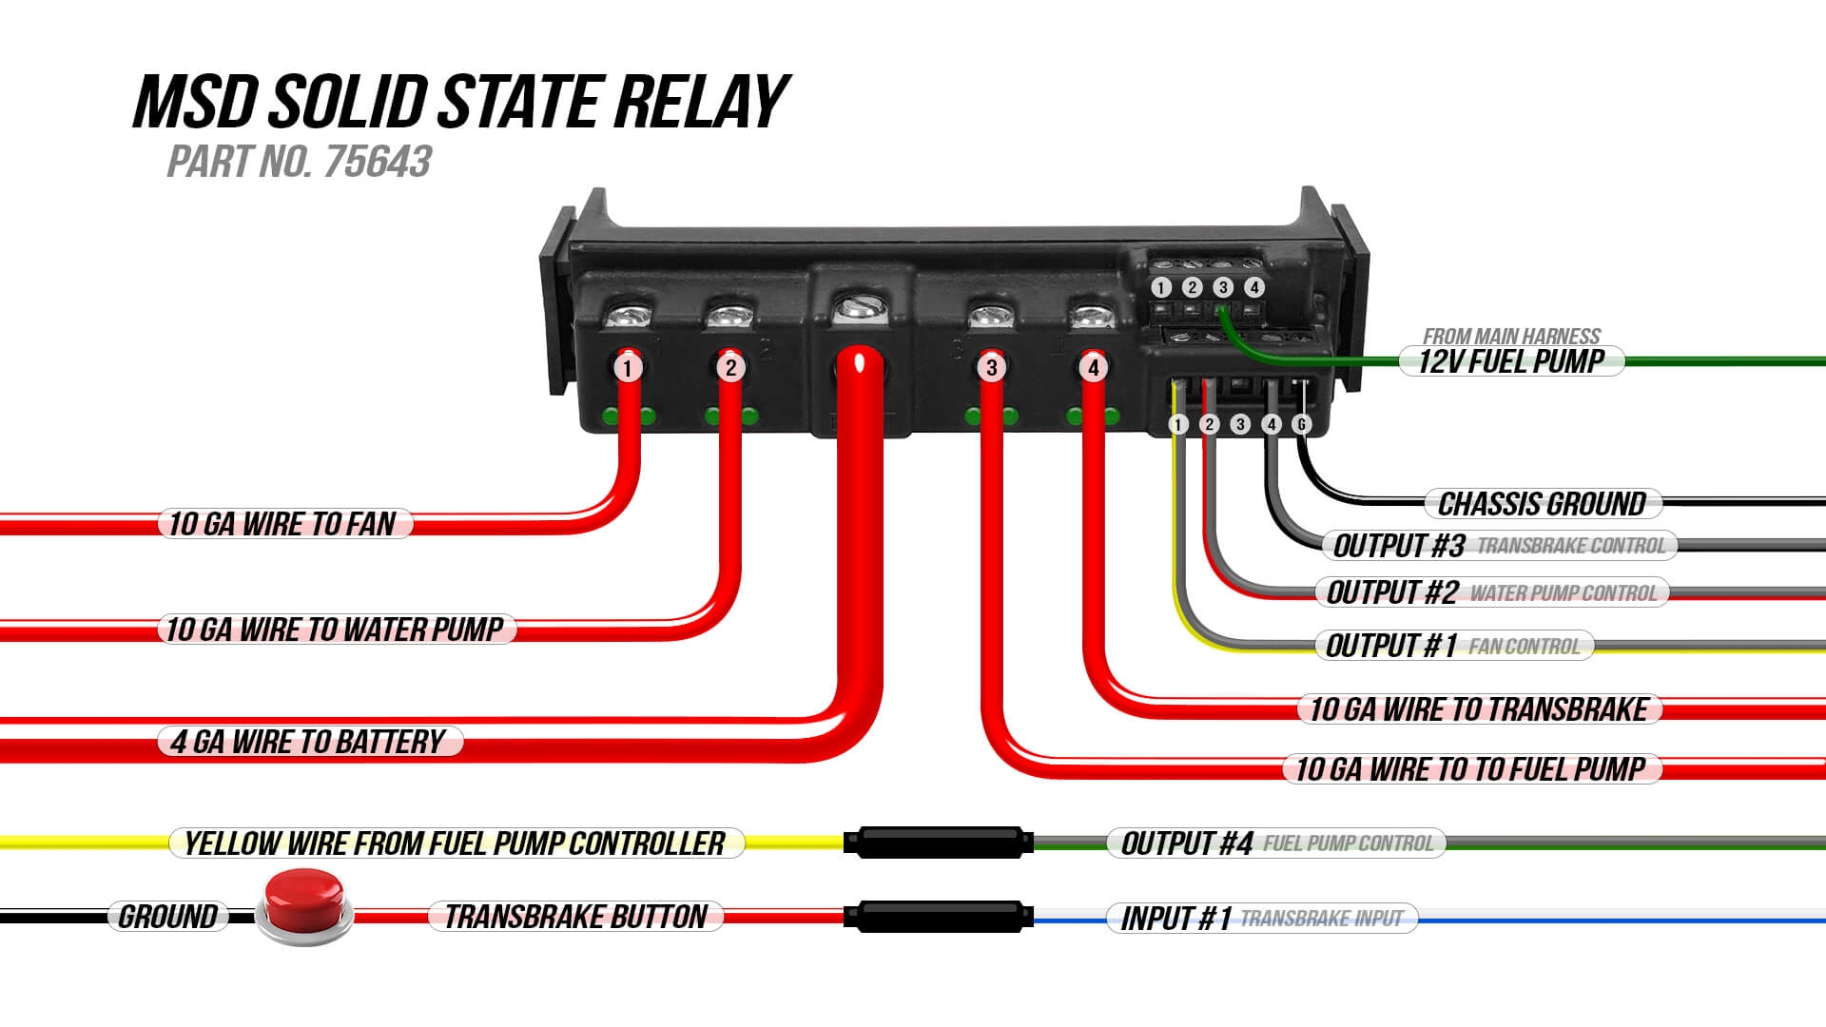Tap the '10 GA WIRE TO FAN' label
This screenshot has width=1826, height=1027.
[283, 524]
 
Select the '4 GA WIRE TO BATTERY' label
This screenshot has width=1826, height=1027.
[308, 742]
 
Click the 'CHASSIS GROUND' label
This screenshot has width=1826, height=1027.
[1542, 504]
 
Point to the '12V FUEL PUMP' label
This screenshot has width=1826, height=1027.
[1511, 361]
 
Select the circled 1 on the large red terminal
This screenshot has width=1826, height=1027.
[628, 367]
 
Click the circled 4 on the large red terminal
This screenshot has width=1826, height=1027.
[1094, 367]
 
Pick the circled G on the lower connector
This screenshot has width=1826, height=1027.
[1302, 424]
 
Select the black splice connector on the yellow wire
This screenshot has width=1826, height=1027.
[938, 842]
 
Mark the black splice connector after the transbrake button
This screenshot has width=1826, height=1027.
[938, 917]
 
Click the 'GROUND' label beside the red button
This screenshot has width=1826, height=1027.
[168, 917]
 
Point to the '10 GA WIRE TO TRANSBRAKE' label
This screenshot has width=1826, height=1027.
[1479, 709]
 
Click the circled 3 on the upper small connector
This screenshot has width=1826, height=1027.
[1223, 287]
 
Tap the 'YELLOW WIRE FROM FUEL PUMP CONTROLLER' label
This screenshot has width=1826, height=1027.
[456, 843]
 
